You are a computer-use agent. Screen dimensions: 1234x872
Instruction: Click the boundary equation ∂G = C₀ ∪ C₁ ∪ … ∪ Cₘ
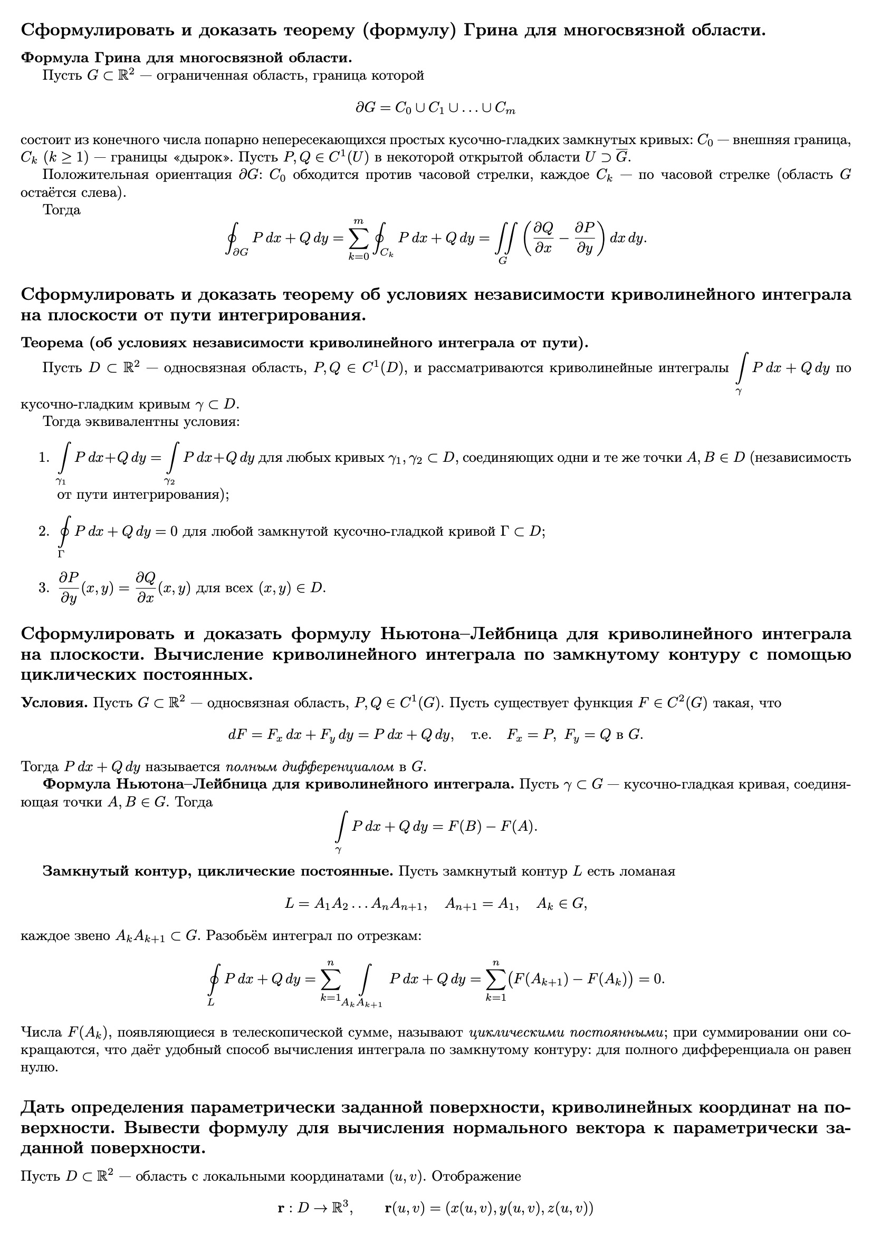point(436,108)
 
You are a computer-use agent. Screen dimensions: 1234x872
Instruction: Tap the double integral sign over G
point(504,238)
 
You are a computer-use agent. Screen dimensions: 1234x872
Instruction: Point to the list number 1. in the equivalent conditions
point(44,458)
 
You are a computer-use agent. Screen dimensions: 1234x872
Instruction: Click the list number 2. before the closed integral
point(44,531)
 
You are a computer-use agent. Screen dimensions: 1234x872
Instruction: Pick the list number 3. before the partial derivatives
point(44,587)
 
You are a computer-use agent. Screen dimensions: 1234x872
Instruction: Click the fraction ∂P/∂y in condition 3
point(69,587)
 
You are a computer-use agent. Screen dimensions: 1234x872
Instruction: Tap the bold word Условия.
point(54,703)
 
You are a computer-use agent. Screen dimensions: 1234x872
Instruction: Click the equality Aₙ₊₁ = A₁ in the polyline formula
point(482,904)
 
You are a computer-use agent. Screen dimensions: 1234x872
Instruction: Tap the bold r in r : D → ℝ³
point(281,1209)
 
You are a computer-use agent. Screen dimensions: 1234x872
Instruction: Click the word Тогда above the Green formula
point(62,210)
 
